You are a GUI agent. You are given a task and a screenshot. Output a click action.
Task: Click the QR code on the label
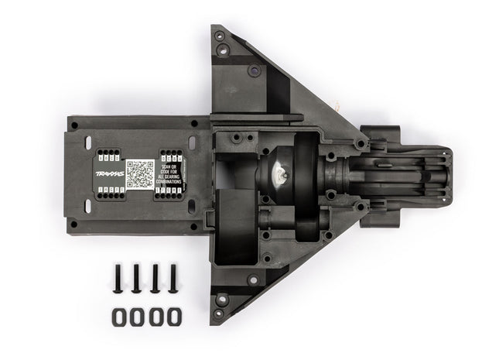coord(139,173)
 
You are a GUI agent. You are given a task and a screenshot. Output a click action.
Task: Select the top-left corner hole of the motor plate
coord(75,124)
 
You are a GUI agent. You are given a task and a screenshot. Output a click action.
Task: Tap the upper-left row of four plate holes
coord(104,155)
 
